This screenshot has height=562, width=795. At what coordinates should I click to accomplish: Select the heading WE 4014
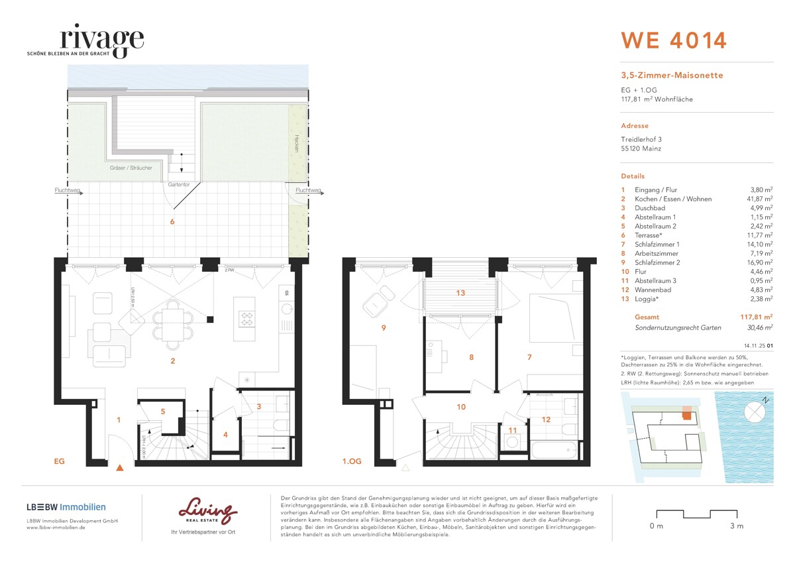(673, 40)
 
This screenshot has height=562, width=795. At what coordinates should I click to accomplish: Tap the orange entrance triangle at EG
(120, 468)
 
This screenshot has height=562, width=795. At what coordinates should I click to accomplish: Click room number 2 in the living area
(173, 361)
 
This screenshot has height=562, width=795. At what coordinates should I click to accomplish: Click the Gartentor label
(179, 184)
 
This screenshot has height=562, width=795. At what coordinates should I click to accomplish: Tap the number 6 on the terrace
(172, 221)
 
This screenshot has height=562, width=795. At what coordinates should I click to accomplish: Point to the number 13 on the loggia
(460, 293)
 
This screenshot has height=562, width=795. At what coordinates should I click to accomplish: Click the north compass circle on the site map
(754, 412)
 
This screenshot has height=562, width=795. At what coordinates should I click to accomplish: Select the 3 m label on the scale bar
(736, 526)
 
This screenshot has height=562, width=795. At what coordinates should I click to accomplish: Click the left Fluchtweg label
(68, 191)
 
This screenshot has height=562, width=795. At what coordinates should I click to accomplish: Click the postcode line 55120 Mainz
(641, 148)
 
